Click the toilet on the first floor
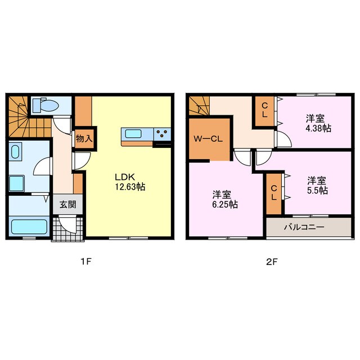[x=46, y=105]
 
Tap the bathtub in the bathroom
[x=29, y=227]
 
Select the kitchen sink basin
[x=133, y=134]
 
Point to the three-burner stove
[x=163, y=134]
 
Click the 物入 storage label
[x=84, y=139]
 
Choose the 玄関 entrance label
[x=67, y=204]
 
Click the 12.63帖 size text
[x=130, y=187]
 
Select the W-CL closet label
[x=208, y=139]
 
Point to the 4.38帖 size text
[x=318, y=128]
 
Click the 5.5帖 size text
[x=317, y=191]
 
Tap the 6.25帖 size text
[x=225, y=204]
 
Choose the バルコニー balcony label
[x=304, y=227]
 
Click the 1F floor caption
[x=86, y=262]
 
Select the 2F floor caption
[x=272, y=262]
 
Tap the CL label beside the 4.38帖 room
[x=265, y=110]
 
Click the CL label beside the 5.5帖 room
[x=274, y=192]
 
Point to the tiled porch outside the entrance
[x=67, y=228]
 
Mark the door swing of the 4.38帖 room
[x=284, y=139]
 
